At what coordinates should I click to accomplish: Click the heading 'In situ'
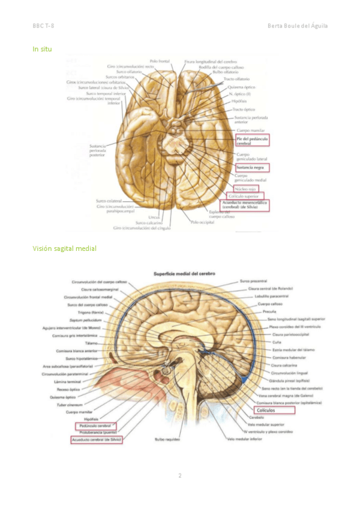42,49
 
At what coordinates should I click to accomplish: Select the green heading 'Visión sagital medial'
64,248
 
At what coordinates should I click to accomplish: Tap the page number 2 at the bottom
179,476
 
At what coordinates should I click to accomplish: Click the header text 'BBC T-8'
44,26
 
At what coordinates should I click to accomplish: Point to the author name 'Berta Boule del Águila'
298,26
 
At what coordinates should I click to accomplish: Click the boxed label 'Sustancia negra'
252,167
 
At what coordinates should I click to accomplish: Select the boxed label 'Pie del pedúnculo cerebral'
251,141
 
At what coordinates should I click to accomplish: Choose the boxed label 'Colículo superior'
245,196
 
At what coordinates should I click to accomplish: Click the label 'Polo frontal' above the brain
160,61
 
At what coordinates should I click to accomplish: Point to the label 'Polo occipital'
203,222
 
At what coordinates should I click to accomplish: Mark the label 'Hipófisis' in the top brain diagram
238,101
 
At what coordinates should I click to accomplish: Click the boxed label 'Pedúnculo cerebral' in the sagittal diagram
95,426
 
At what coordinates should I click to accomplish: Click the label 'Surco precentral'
253,281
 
